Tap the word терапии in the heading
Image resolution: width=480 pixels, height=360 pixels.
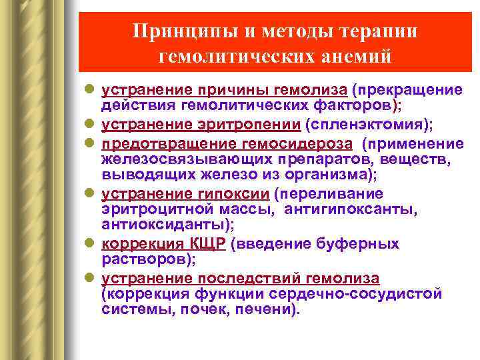pyautogui.click(x=374, y=31)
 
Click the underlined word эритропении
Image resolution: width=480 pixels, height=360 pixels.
pyautogui.click(x=263, y=124)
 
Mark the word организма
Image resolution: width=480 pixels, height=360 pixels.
pyautogui.click(x=329, y=175)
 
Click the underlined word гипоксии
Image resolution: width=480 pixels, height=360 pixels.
pyautogui.click(x=236, y=193)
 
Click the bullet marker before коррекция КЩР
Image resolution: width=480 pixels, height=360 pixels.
pyautogui.click(x=91, y=245)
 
